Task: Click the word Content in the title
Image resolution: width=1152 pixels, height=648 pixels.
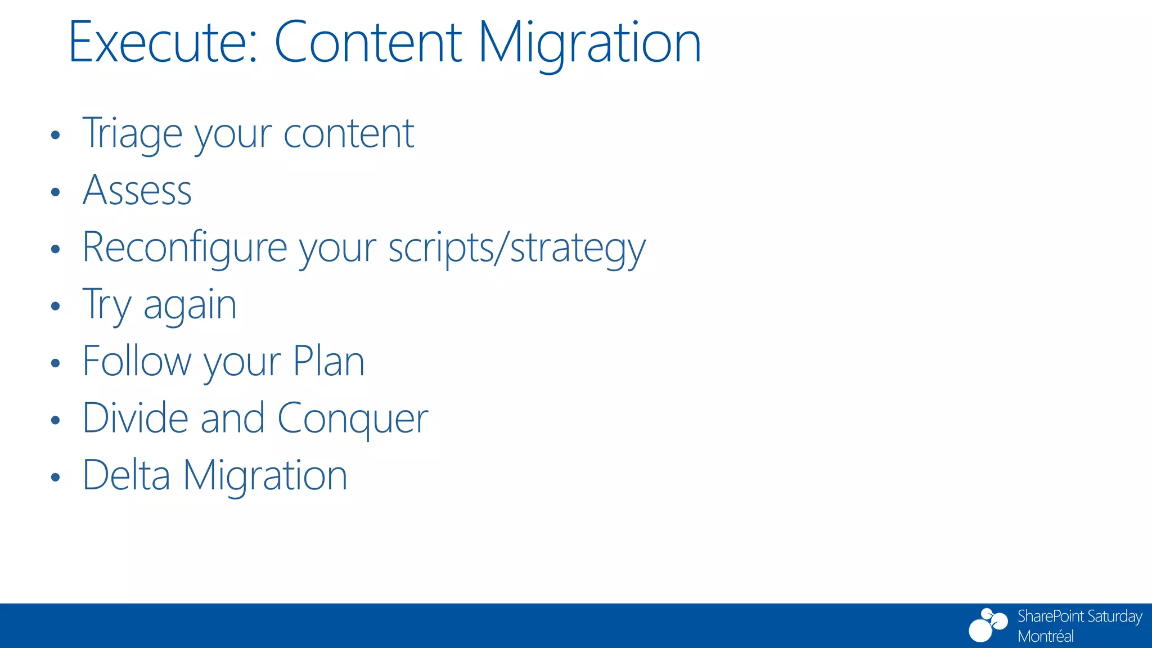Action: click(x=368, y=43)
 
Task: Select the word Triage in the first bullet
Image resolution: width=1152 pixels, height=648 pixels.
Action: click(x=132, y=134)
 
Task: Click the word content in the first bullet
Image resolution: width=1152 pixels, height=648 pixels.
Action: click(x=349, y=134)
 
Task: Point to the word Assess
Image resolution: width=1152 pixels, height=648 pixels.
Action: click(x=137, y=190)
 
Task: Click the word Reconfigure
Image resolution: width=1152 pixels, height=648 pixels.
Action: click(x=184, y=247)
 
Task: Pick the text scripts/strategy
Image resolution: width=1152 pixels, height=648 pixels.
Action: click(x=517, y=247)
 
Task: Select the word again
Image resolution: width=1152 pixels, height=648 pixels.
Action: click(x=190, y=305)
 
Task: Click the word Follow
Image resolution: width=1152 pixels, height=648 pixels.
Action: click(x=137, y=361)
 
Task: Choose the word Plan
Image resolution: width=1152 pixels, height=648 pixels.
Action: click(x=329, y=361)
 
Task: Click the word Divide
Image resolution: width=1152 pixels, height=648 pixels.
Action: click(x=135, y=418)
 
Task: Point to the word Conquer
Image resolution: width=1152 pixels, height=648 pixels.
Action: click(x=353, y=418)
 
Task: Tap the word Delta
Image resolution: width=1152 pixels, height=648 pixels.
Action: click(x=126, y=475)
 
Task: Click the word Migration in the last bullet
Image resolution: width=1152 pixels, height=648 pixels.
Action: click(x=265, y=475)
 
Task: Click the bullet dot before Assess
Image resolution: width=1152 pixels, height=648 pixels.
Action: click(x=55, y=192)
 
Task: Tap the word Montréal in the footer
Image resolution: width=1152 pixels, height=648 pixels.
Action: click(x=1045, y=636)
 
